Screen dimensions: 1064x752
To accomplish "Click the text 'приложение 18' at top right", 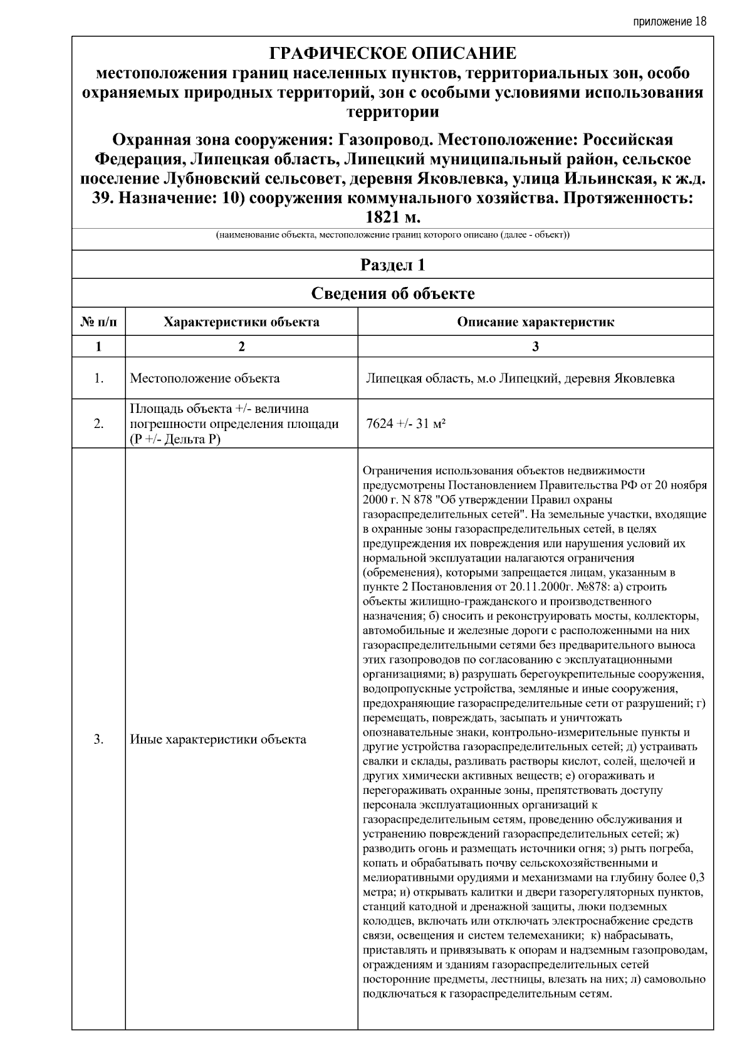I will point(669,22).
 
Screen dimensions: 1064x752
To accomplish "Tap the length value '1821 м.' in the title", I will point(392,218).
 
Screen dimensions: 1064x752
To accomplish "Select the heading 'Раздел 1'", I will point(392,265).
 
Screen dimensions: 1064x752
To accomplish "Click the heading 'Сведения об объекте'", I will point(392,293).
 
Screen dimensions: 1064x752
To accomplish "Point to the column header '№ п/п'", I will point(98,322).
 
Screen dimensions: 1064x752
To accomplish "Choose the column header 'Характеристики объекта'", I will point(241,322).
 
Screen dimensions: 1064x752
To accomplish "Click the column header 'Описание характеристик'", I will point(535,322).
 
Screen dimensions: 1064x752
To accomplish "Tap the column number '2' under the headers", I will point(241,347).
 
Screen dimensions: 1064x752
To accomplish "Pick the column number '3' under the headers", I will point(535,347).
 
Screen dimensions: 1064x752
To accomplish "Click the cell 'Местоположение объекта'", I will point(204,378).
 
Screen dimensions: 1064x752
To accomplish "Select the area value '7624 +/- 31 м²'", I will point(405,424).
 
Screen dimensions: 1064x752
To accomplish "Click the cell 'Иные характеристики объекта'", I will point(218,739).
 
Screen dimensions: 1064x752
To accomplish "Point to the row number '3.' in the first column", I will point(98,739).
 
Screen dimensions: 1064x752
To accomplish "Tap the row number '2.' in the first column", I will point(98,424).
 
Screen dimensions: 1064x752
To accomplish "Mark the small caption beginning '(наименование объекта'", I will point(392,236).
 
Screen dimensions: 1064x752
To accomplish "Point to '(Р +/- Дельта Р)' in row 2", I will point(175,439).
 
